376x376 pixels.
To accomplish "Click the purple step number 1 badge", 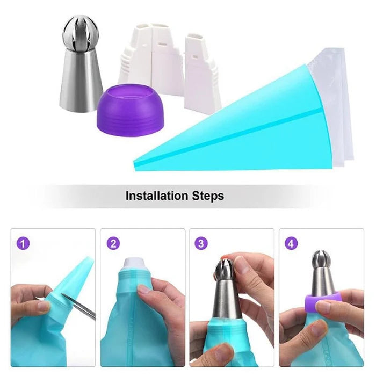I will click(23, 243).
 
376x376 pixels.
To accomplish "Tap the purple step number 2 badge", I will click(113, 243).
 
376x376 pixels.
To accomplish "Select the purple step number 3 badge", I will click(201, 243).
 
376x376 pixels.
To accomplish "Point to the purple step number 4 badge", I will click(291, 243).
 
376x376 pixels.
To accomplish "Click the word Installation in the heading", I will click(157, 196).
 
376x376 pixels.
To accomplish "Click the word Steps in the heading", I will click(208, 196).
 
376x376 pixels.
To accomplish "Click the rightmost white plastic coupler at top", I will click(202, 70).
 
